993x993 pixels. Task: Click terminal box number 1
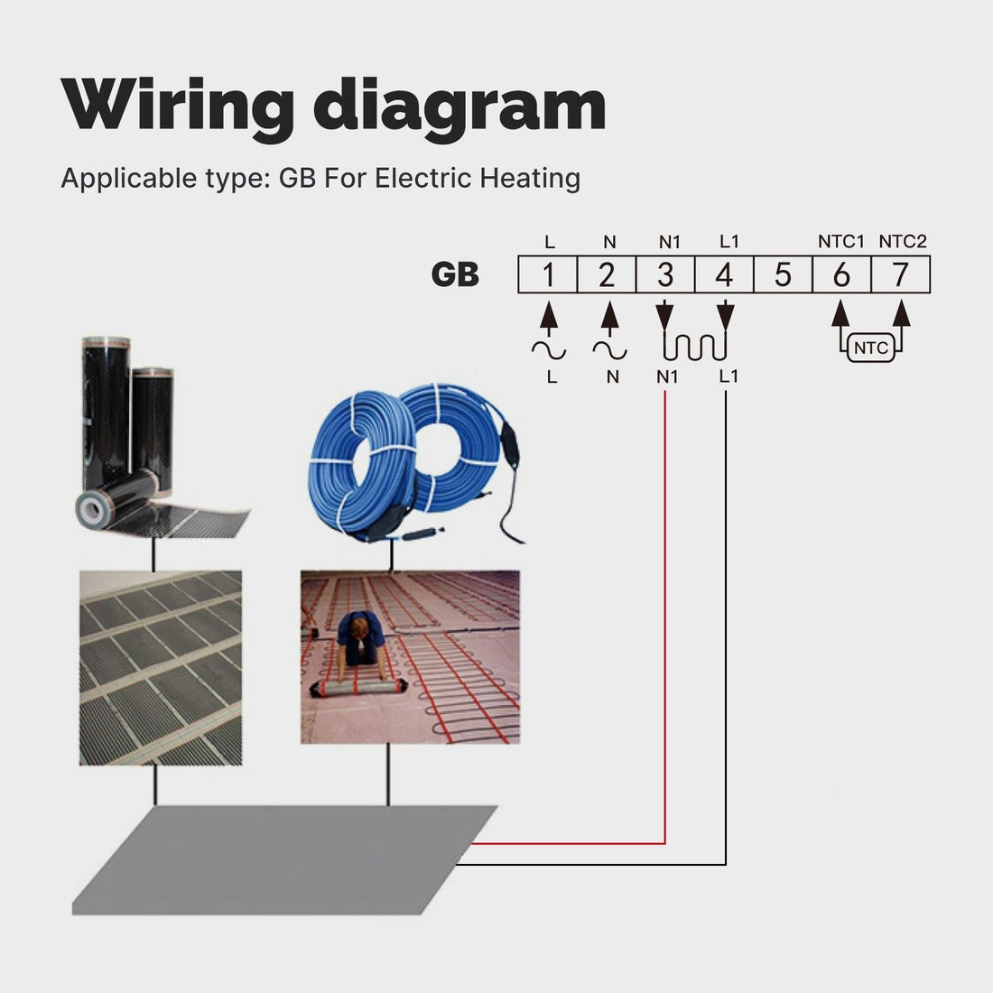tap(547, 274)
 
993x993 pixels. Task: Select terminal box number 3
tap(665, 274)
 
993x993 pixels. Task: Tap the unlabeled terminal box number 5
tap(783, 274)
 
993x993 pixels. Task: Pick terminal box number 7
tap(900, 274)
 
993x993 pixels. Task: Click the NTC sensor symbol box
tap(870, 348)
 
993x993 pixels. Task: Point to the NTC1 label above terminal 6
tap(841, 241)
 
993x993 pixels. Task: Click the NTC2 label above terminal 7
tap(903, 241)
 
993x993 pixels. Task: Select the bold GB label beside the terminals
tap(455, 274)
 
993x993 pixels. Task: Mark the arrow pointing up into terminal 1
tap(547, 317)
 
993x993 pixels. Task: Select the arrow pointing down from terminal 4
tap(725, 317)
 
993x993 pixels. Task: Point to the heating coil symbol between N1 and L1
tap(695, 346)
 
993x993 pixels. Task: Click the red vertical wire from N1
tap(665, 614)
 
